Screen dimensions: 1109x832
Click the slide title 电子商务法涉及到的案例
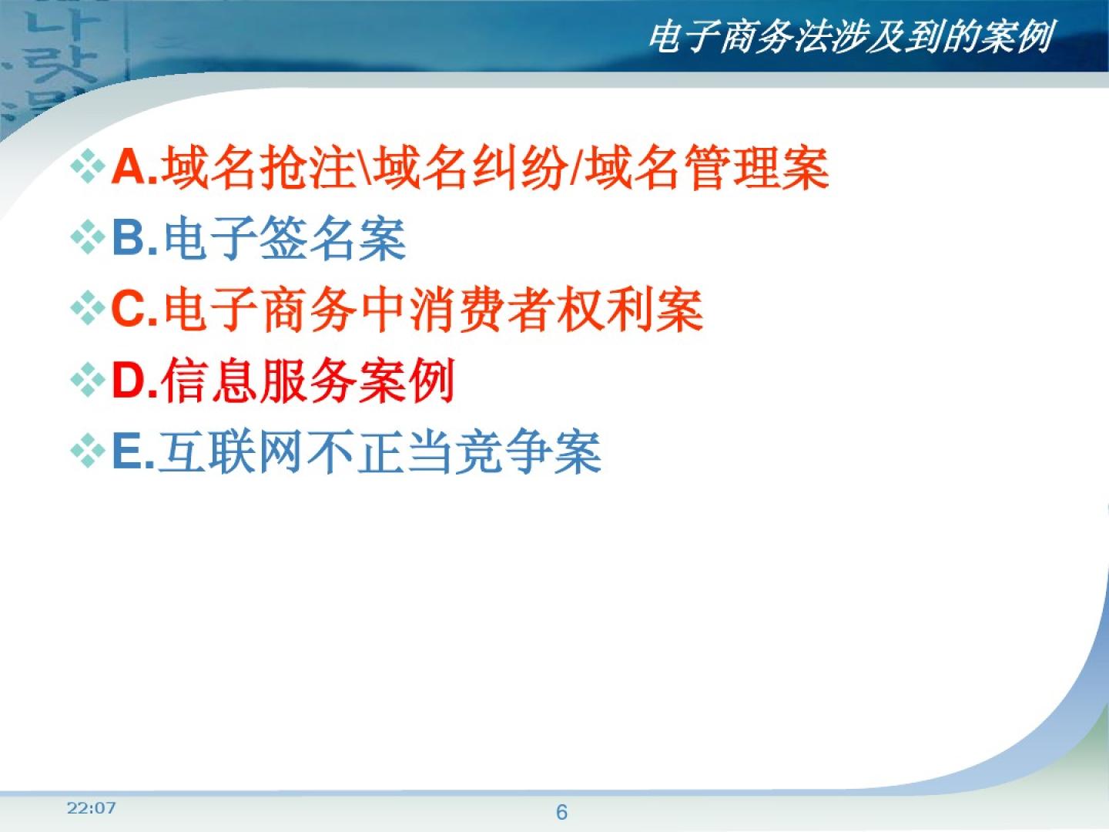point(850,37)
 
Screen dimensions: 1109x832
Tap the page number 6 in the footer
point(561,812)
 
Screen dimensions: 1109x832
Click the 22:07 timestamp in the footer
point(91,808)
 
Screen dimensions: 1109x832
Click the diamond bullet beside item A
point(88,166)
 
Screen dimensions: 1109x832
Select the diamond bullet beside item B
point(88,237)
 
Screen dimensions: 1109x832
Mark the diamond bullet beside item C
point(88,307)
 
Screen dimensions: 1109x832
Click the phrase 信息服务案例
point(308,380)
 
